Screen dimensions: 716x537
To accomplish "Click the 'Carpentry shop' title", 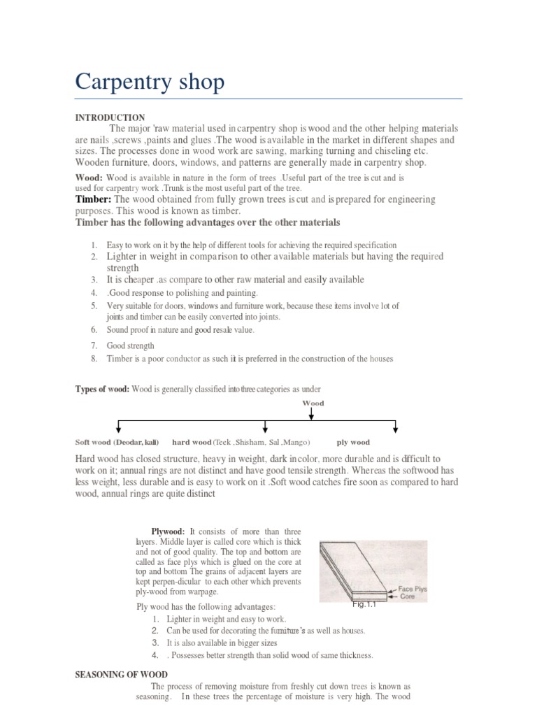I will tap(150, 83).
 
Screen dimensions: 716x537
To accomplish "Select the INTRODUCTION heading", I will tap(110, 118).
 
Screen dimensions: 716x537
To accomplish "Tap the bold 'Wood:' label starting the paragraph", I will tap(89, 178).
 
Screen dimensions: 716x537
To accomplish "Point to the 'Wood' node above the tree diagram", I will tap(313, 403).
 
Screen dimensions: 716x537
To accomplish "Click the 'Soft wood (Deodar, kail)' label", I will tap(117, 443).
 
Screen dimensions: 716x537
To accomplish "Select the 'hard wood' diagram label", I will tap(192, 443).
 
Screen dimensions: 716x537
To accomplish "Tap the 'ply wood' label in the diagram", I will tap(353, 443).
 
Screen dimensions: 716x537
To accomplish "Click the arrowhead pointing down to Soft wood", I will tap(118, 429).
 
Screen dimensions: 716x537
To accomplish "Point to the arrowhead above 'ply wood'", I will tap(396, 429).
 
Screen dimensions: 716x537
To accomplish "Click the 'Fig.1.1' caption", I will tap(364, 606).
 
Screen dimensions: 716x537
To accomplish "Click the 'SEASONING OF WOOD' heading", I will tap(121, 675).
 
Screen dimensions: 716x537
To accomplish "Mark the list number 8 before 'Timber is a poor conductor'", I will tap(93, 359).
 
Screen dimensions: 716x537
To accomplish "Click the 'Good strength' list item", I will tap(130, 346).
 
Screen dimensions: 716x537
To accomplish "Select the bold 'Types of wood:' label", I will tap(102, 389).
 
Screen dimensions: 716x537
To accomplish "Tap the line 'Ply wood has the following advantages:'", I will tap(206, 606).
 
